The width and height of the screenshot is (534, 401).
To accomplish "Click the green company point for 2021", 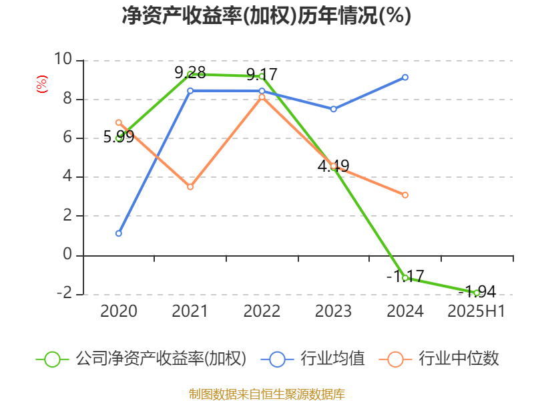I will (x=190, y=74).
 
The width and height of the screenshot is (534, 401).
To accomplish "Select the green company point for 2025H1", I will (x=477, y=293).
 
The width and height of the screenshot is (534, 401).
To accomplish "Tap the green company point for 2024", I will (x=405, y=277).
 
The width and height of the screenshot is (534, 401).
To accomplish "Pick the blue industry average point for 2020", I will (x=118, y=233).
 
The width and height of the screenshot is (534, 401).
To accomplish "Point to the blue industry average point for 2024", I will (x=405, y=78).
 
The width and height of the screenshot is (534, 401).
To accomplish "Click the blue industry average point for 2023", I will (x=334, y=109).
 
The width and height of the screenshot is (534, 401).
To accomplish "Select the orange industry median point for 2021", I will (x=190, y=187).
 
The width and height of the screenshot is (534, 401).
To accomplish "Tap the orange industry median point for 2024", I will (x=405, y=195).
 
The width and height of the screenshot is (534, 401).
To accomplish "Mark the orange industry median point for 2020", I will (x=118, y=122).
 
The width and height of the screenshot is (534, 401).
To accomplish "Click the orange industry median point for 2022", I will (x=262, y=98).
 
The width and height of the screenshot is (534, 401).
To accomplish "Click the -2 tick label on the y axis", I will (x=64, y=294).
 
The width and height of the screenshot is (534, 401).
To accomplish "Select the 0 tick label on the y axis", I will (x=67, y=255).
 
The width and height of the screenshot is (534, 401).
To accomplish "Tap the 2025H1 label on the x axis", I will (x=477, y=311).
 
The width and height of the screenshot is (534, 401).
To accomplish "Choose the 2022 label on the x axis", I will (x=262, y=311).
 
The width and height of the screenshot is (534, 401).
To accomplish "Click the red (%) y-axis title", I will (x=41, y=85).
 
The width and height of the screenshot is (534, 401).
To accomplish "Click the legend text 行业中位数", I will (x=459, y=359).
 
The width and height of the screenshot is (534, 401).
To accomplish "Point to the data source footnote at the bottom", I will (x=266, y=394).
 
